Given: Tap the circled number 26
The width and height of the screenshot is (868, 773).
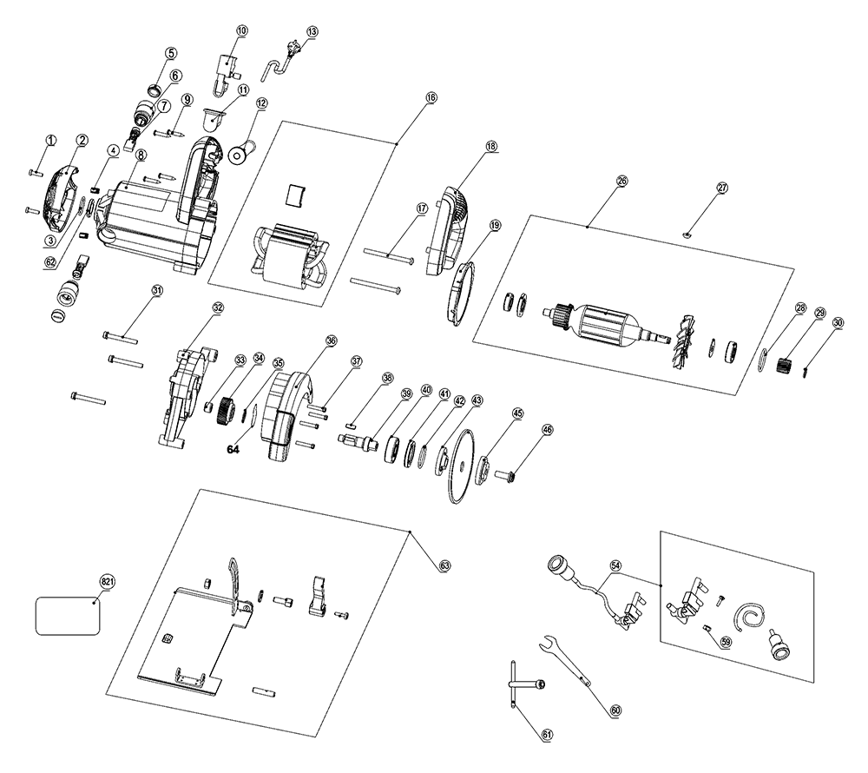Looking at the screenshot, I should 621,181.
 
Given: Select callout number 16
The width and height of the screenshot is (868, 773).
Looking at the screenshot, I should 431,98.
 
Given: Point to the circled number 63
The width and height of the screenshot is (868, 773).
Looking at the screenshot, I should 444,565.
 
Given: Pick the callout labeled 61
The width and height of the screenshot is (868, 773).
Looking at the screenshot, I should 547,735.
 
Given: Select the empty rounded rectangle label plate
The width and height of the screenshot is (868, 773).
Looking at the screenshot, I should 68,617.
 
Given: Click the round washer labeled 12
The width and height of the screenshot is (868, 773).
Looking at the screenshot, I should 235,157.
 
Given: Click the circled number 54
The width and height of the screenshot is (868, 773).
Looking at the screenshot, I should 616,565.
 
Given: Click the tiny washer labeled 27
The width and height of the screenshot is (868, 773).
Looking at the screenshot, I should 687,232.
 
